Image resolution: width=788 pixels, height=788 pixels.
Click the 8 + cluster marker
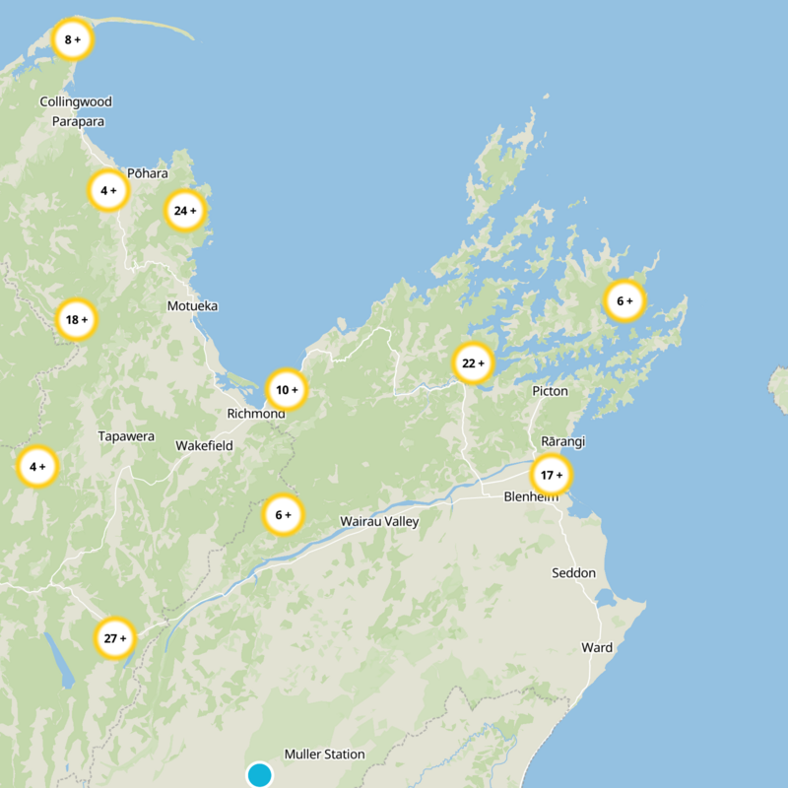[72, 40]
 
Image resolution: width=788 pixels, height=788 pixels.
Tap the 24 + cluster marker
[185, 211]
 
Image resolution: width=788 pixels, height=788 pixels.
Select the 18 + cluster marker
[76, 320]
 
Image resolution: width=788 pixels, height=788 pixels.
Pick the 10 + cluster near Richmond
[287, 390]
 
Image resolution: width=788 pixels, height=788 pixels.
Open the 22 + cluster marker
[473, 364]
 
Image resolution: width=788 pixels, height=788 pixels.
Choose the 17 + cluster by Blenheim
[551, 476]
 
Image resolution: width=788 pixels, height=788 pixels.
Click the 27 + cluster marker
[115, 639]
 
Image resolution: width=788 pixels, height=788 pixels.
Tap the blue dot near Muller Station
[260, 775]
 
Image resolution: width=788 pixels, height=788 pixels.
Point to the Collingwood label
[76, 101]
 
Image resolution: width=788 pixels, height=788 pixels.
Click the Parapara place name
[78, 122]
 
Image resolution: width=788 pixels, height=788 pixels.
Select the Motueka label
[192, 306]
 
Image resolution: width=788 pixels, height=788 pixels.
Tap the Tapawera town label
[126, 436]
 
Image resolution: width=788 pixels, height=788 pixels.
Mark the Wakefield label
[204, 446]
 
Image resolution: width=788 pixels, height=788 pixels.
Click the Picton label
[550, 391]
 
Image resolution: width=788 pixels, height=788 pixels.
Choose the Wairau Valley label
[379, 521]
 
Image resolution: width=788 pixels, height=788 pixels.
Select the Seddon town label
[573, 573]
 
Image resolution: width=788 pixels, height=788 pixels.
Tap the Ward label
[597, 648]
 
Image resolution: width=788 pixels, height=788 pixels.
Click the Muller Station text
[324, 755]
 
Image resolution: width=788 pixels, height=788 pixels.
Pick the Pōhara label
[148, 173]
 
